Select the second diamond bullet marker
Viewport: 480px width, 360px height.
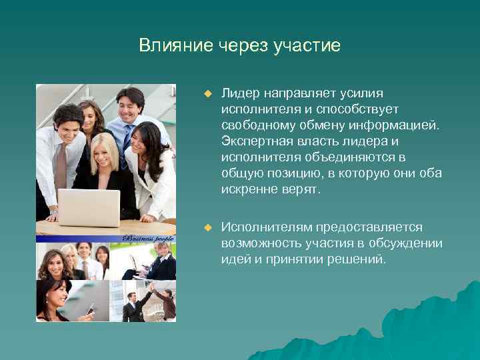207,228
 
